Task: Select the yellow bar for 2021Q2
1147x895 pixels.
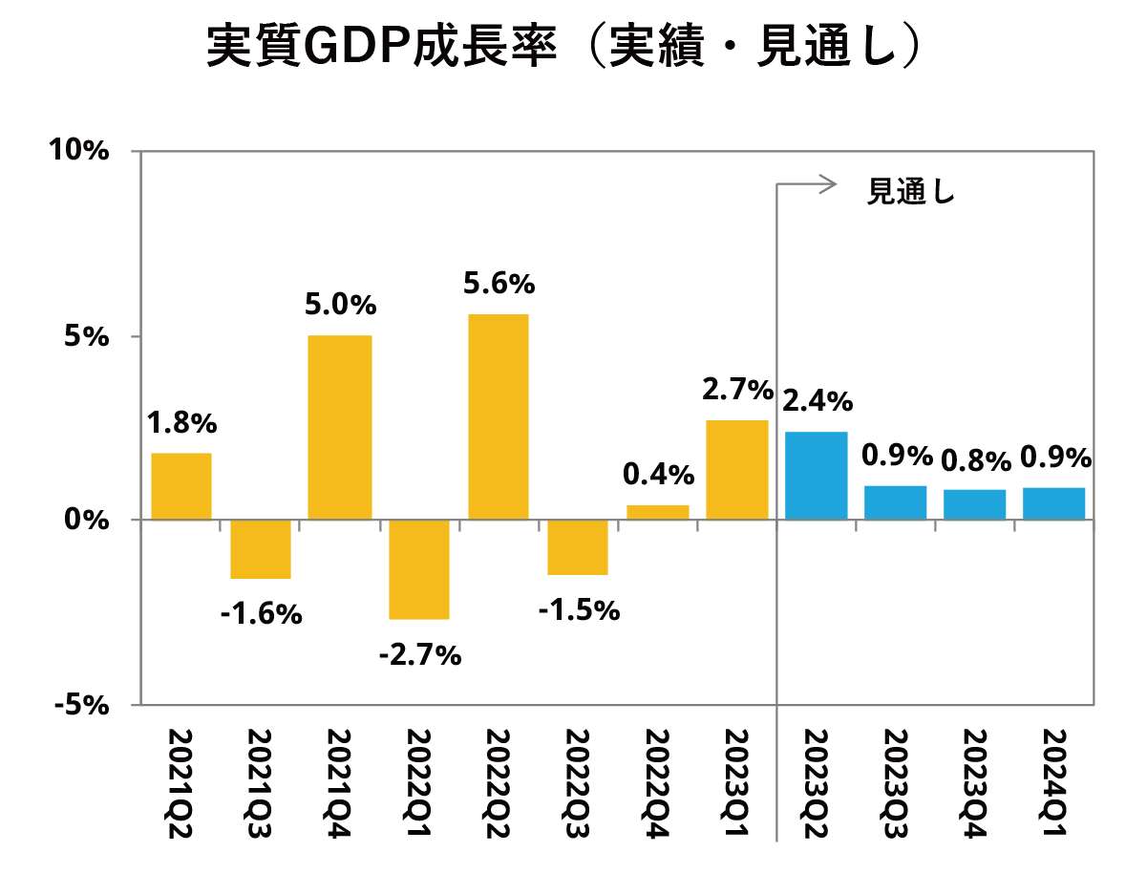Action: click(181, 486)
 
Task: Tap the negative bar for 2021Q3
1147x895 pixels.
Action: click(261, 549)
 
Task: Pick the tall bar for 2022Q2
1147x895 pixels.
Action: click(498, 416)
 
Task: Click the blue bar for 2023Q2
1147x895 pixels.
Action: click(816, 476)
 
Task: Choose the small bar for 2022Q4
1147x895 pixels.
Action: click(657, 512)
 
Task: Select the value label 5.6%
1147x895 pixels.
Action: click(498, 284)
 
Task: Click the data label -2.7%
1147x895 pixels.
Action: click(420, 655)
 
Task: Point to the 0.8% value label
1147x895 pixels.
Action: click(975, 461)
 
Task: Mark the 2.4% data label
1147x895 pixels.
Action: click(817, 401)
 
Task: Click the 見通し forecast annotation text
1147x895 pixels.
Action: click(910, 191)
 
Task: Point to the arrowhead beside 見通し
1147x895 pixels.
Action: click(831, 184)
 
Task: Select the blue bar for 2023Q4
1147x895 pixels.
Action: click(975, 504)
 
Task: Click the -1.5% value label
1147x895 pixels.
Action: click(579, 609)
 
